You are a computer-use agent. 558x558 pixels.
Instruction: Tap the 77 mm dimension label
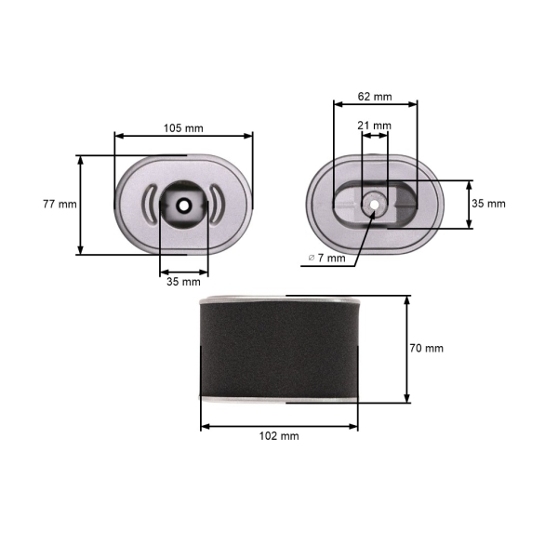60,204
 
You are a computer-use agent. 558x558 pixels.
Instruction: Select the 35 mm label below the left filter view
183,281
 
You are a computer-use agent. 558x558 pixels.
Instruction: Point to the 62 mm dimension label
375,96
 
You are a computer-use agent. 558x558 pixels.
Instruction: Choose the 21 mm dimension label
376,125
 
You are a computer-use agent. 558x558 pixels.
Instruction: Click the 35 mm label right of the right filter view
489,204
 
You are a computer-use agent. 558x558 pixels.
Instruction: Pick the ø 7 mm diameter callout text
326,258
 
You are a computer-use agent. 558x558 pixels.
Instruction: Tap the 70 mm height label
427,348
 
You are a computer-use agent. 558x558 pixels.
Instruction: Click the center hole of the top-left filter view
184,204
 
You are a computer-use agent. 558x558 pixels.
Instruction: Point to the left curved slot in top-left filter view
152,204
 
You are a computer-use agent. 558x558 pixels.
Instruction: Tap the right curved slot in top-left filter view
217,204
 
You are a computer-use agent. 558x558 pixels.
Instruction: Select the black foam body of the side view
279,350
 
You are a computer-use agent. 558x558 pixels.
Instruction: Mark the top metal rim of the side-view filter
279,299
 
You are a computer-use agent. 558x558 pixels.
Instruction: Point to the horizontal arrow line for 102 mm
242,426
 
